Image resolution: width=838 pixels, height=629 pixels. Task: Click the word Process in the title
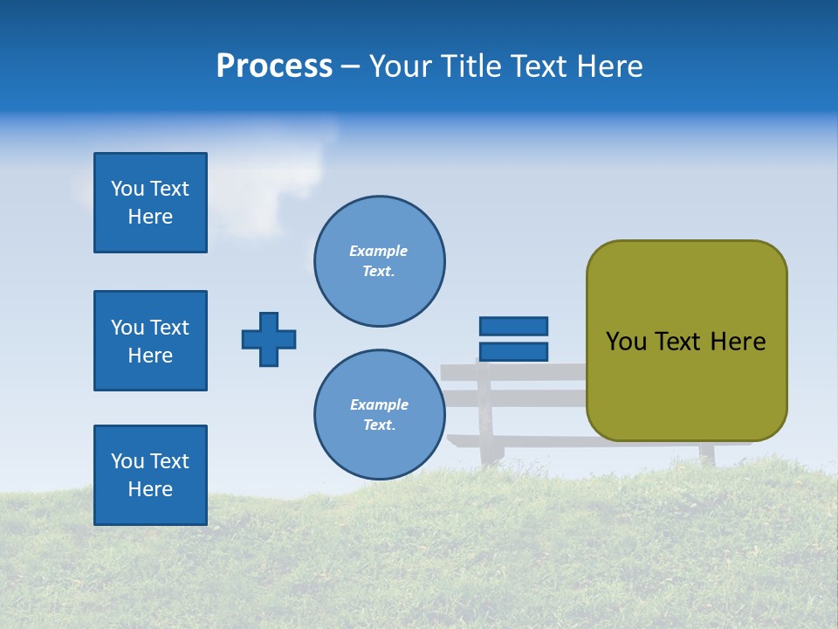pyautogui.click(x=274, y=66)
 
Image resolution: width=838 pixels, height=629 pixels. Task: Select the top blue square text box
pyautogui.click(x=150, y=203)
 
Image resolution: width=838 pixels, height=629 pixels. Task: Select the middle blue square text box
pyautogui.click(x=150, y=341)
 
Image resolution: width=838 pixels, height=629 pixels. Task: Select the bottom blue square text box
pyautogui.click(x=150, y=475)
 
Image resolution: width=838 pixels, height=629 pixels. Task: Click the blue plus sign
pyautogui.click(x=269, y=339)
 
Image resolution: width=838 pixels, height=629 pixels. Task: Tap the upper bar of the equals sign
pyautogui.click(x=513, y=326)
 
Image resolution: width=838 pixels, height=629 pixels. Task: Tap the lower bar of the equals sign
pyautogui.click(x=513, y=351)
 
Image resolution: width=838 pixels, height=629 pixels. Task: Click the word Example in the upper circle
pyautogui.click(x=378, y=251)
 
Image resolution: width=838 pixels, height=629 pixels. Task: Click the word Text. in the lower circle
pyautogui.click(x=379, y=425)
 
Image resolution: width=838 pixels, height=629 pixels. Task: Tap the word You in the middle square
pyautogui.click(x=127, y=328)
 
